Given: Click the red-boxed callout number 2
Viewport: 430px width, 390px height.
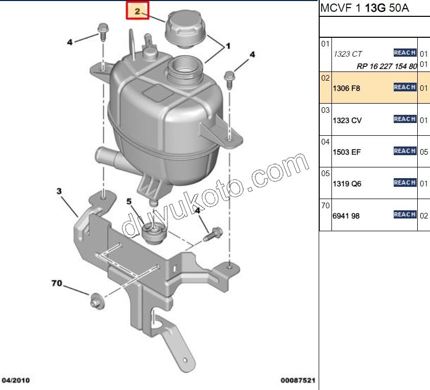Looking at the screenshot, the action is (x=137, y=11).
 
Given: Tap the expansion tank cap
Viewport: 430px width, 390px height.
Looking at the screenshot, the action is (x=185, y=30).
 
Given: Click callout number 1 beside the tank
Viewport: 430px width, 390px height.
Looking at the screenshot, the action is (x=228, y=46).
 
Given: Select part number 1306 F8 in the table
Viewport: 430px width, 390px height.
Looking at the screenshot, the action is (x=346, y=88).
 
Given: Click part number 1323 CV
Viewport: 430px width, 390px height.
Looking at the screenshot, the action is (x=347, y=120).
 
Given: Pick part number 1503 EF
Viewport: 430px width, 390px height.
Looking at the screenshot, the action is (x=347, y=152).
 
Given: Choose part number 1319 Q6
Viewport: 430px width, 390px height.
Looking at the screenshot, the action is (x=347, y=184).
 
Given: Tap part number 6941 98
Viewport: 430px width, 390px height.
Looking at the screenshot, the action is (x=346, y=216).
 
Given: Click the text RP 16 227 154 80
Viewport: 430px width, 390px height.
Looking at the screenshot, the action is (x=387, y=66).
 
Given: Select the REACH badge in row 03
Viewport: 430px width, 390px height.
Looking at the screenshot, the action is (x=405, y=119).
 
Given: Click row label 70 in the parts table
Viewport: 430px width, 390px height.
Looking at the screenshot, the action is (x=325, y=205).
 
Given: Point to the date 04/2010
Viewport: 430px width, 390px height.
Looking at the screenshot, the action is (x=16, y=380).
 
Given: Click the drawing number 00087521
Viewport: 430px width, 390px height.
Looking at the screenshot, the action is (x=298, y=380).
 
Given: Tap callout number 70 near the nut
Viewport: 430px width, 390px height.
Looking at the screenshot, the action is (x=57, y=283).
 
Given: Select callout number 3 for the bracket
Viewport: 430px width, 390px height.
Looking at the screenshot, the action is (x=59, y=191).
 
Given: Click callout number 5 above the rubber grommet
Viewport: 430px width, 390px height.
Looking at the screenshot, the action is (x=129, y=202).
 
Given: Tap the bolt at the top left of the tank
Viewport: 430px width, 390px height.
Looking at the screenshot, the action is (x=103, y=32).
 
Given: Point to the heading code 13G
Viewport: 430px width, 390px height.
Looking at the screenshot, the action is (x=375, y=8).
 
